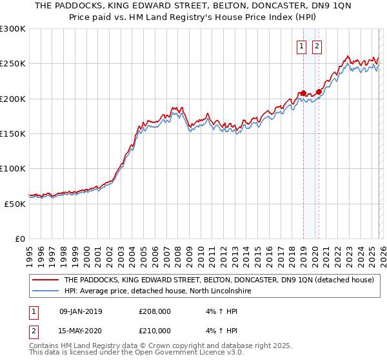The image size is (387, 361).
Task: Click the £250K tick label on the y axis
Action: click(13, 64)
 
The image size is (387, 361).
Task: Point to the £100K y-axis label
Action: click(13, 168)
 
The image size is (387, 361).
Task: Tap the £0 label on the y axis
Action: click(21, 239)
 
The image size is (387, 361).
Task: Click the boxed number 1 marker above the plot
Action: click(302, 46)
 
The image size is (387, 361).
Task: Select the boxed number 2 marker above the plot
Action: click(317, 46)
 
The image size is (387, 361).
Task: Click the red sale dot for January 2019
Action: click(303, 93)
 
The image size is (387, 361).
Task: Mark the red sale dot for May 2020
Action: click(319, 92)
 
